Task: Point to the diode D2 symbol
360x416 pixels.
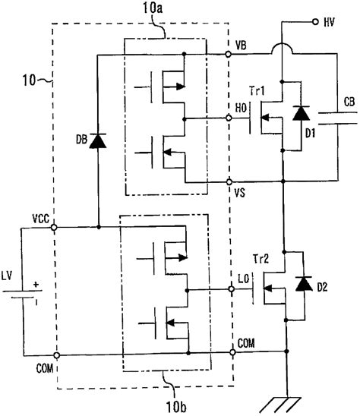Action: pos(305,285)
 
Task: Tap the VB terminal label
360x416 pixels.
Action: pos(242,46)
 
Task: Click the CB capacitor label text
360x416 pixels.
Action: pos(348,100)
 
